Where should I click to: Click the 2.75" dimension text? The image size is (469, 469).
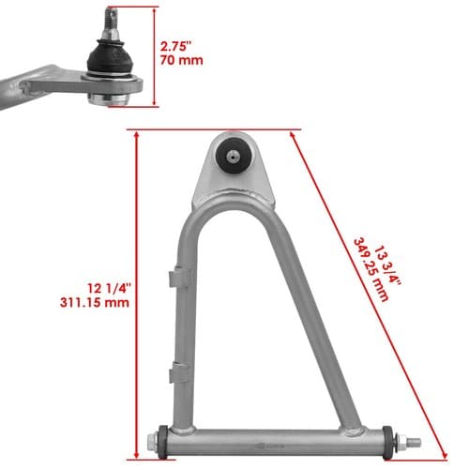pyautogui.click(x=175, y=46)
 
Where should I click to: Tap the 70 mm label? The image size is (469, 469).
pyautogui.click(x=181, y=60)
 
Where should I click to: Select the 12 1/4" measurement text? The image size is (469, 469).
pyautogui.click(x=108, y=288)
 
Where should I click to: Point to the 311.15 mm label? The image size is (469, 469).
pyautogui.click(x=95, y=303)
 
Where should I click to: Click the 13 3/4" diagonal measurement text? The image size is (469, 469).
pyautogui.click(x=387, y=265)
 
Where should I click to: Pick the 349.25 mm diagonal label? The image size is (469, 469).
pyautogui.click(x=371, y=270)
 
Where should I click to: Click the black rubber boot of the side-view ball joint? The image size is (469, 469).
pyautogui.click(x=110, y=57)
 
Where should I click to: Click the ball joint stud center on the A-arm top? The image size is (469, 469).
pyautogui.click(x=233, y=155)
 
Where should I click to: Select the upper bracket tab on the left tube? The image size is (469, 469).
pyautogui.click(x=179, y=277)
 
